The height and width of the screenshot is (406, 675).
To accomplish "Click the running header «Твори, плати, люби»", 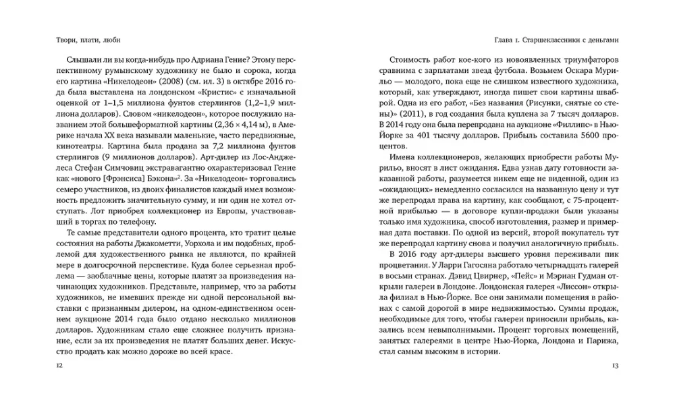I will [83, 40].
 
